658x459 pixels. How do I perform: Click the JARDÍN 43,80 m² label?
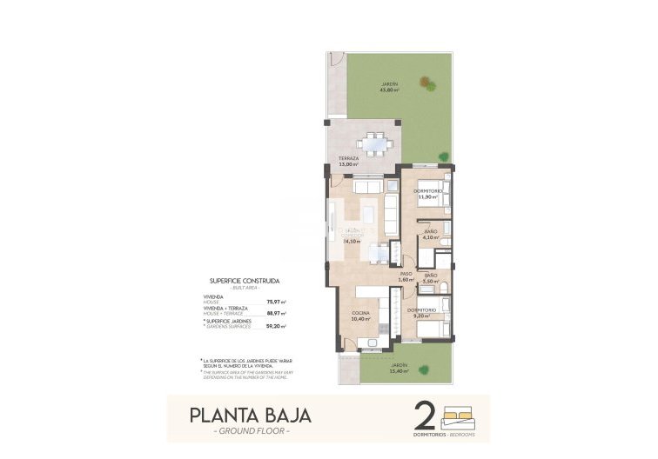[389, 87]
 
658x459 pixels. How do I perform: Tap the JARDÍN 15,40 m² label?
[399, 368]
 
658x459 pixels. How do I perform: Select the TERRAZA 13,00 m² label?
[348, 161]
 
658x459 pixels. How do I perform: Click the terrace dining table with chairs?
[376, 141]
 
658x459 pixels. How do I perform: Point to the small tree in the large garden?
[427, 83]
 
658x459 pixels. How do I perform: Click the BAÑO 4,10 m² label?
[430, 234]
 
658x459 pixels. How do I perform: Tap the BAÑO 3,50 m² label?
[429, 279]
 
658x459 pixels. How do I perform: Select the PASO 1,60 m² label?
[406, 276]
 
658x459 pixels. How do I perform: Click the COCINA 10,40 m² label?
[361, 316]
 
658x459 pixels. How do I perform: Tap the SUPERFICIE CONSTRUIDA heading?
[245, 281]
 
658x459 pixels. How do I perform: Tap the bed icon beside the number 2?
[461, 414]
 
